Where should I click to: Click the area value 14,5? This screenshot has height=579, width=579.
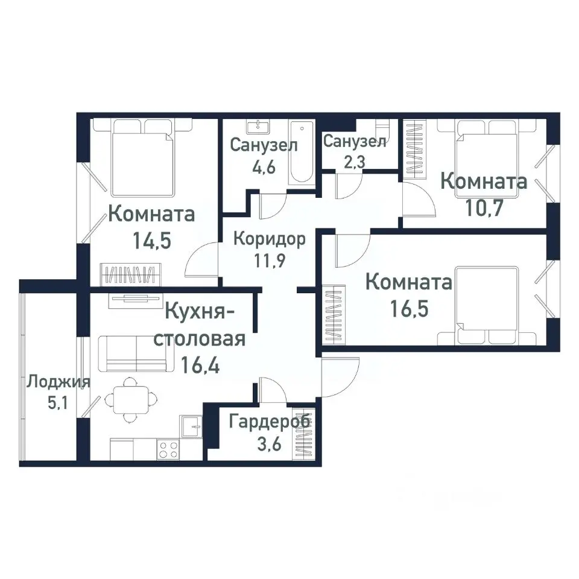[x=152, y=241]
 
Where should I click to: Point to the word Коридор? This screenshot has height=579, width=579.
[x=269, y=238]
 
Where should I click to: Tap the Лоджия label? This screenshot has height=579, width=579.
[x=58, y=382]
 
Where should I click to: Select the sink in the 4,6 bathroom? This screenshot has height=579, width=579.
[x=259, y=126]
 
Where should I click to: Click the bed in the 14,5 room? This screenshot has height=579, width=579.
[x=142, y=159]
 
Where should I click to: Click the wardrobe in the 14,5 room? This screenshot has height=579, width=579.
[x=131, y=274]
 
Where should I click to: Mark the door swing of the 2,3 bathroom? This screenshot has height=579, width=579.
[x=347, y=184]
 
